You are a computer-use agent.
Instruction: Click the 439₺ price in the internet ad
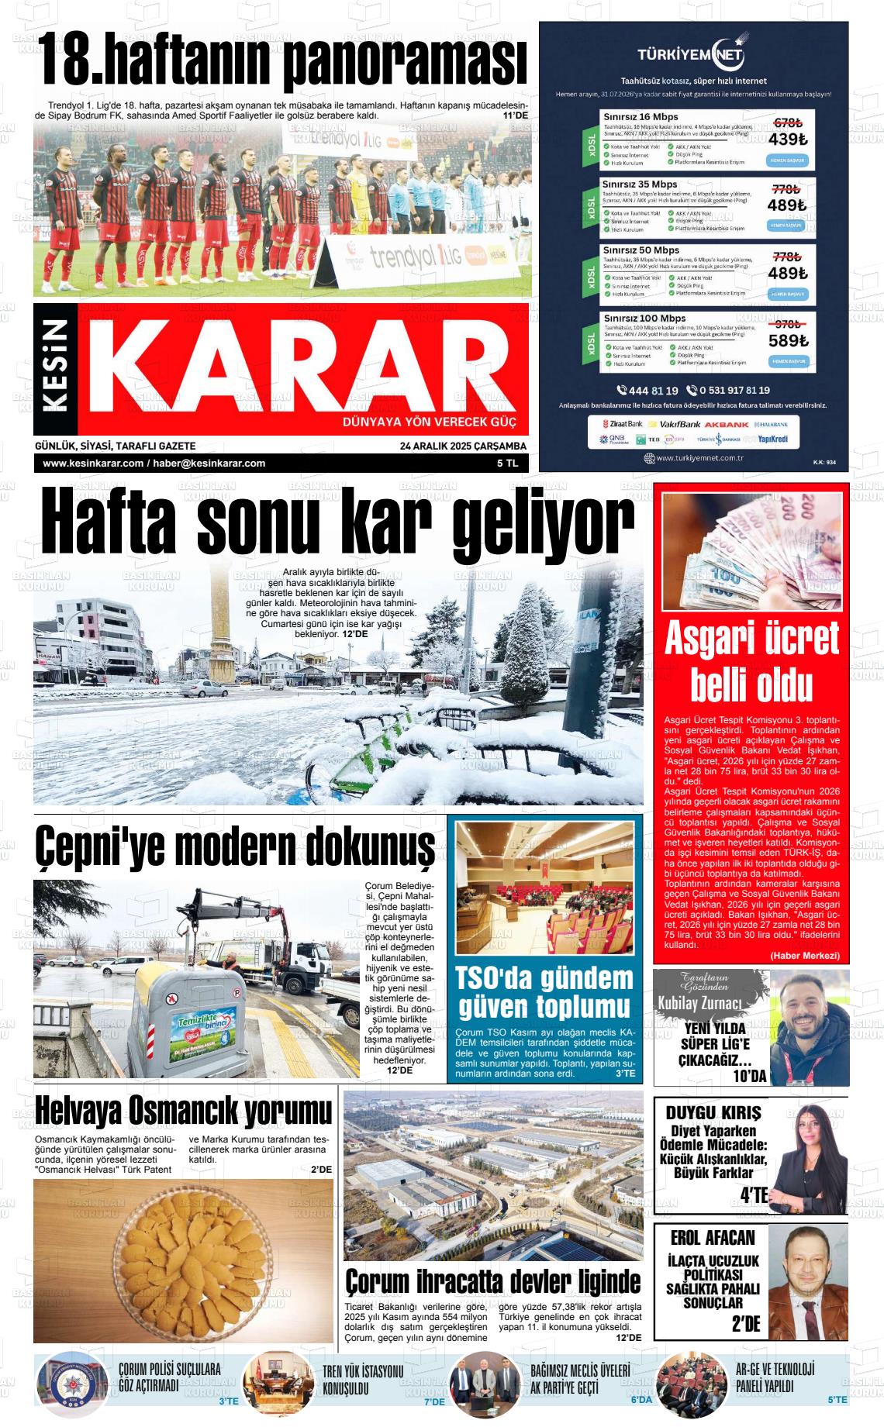[x=788, y=140]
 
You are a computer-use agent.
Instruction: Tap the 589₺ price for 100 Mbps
[x=788, y=341]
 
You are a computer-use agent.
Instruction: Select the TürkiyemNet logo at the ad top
[x=692, y=54]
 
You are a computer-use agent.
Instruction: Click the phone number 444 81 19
[x=647, y=391]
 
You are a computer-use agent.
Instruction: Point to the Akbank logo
[x=727, y=425]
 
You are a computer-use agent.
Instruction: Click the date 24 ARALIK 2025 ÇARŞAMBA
[x=463, y=446]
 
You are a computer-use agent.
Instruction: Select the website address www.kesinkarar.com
[x=93, y=464]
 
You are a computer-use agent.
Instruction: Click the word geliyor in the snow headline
[x=542, y=524]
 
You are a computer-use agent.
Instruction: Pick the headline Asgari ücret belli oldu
[x=751, y=661]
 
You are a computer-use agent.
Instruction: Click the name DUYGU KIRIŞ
[x=713, y=1112]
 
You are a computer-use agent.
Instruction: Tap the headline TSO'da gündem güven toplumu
[x=544, y=992]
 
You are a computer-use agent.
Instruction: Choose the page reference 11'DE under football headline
[x=515, y=115]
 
